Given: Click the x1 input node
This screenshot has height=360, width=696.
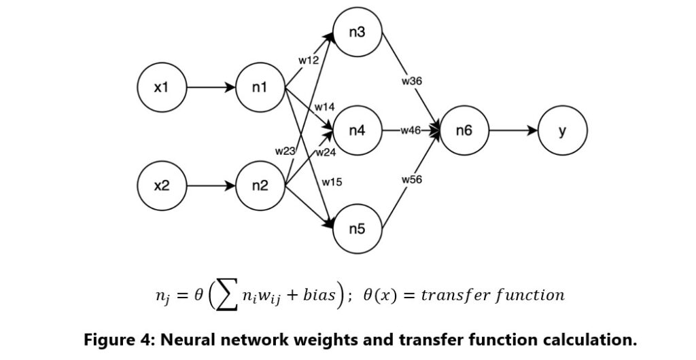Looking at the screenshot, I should coord(161,88).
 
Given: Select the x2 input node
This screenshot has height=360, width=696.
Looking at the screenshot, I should coord(161,185).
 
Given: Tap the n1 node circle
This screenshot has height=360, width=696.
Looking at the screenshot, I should coord(260,88).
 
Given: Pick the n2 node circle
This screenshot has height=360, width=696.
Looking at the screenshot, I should coord(260,185).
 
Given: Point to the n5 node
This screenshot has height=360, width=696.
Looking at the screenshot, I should coord(358,228).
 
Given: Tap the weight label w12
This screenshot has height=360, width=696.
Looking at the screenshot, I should coord(309,61).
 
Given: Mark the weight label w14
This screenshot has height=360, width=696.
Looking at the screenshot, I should coord(324,107).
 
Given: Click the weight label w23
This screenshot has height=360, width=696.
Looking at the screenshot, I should coord(285,151).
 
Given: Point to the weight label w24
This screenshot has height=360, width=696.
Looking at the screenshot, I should coord(326,152).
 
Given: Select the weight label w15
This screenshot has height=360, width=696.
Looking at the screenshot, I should coord(332,181).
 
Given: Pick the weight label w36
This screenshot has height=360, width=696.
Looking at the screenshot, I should coord(412,81).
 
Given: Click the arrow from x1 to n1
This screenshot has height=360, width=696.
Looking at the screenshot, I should coord(210,88).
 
